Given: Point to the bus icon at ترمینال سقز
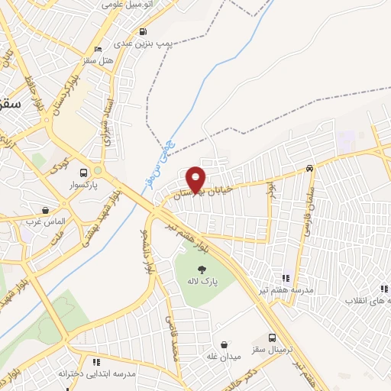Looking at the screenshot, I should coord(273,338).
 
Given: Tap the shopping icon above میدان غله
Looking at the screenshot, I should coord(223,344).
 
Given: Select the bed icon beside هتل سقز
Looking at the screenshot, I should coord(91,60).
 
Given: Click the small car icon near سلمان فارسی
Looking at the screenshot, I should coord(309,168).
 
